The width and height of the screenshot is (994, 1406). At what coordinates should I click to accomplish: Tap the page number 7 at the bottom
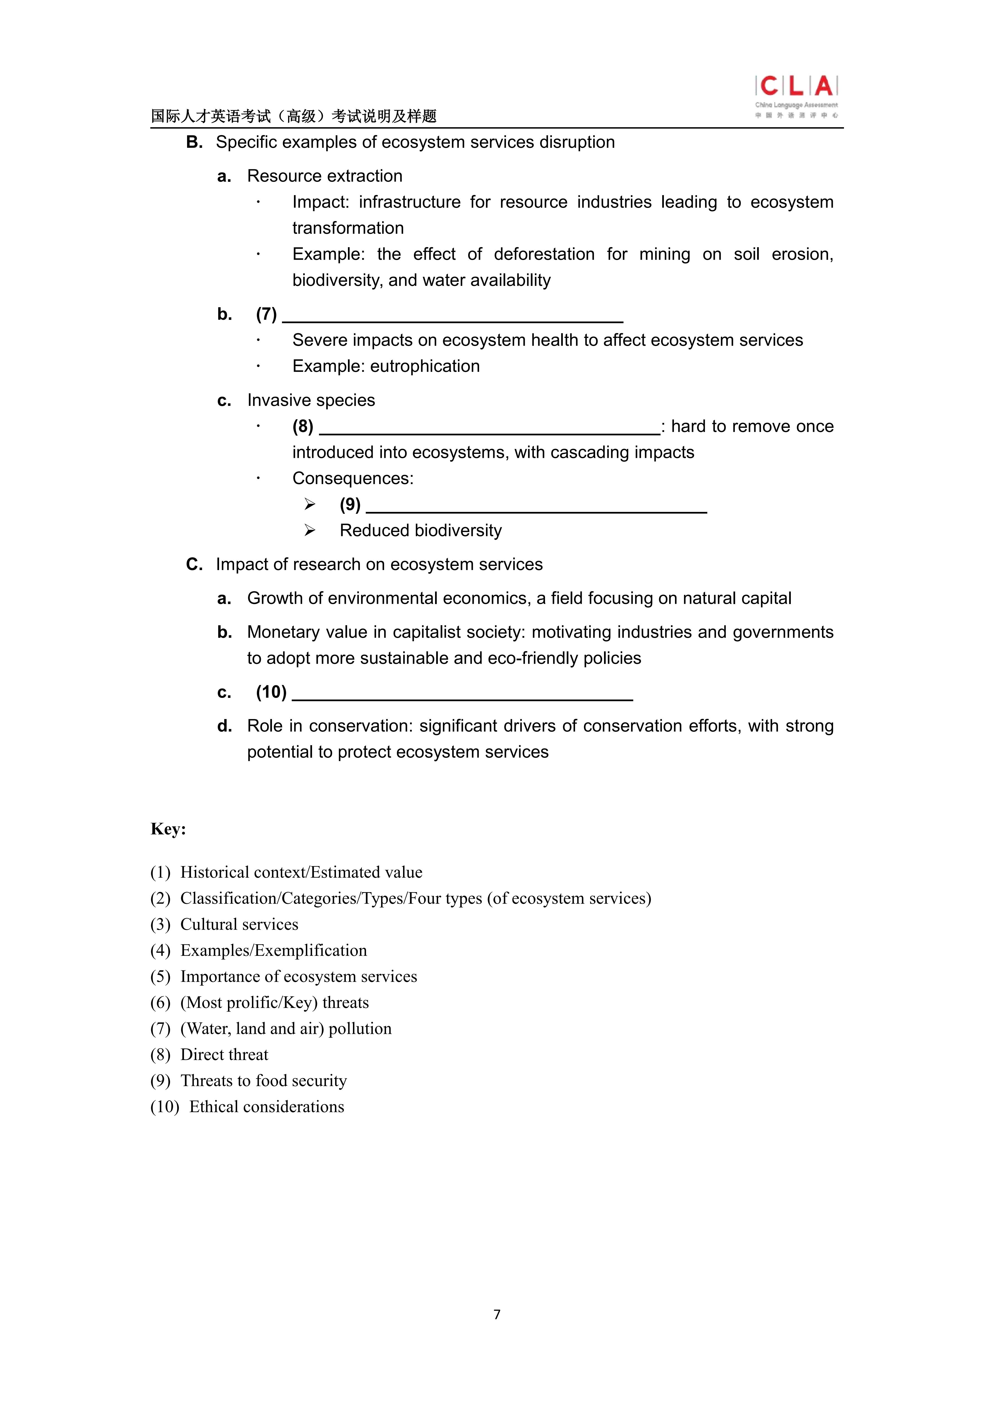pyautogui.click(x=497, y=1314)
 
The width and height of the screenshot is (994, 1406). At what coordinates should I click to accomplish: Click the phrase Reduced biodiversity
pyautogui.click(x=421, y=530)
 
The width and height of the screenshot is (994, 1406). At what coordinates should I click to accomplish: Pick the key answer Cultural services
pyautogui.click(x=239, y=924)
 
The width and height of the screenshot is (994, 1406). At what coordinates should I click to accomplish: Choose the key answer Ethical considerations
pyautogui.click(x=266, y=1106)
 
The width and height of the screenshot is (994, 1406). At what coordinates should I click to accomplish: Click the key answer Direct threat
pyautogui.click(x=224, y=1054)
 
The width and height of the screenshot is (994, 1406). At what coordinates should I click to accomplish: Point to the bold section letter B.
pyautogui.click(x=194, y=142)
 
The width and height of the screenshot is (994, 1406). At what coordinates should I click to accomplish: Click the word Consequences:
pyautogui.click(x=353, y=478)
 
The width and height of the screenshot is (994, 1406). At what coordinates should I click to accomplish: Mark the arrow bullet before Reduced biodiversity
pyautogui.click(x=310, y=530)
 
